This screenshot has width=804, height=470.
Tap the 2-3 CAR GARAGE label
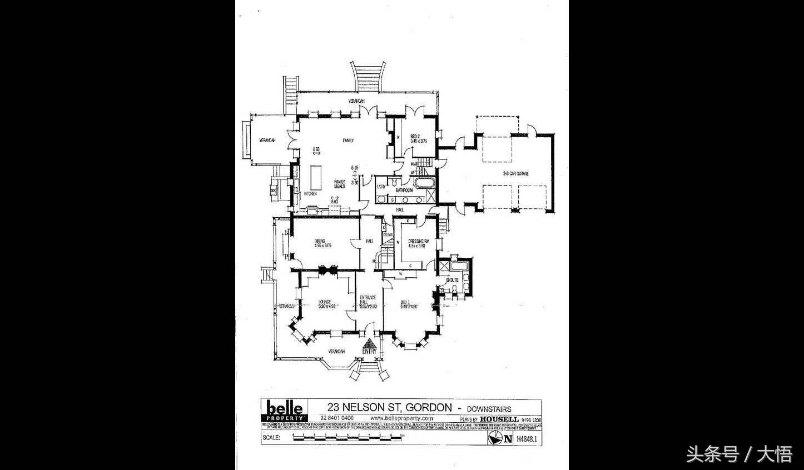click(x=515, y=174)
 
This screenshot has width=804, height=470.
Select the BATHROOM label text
click(x=404, y=191)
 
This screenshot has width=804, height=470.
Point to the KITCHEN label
click(x=310, y=194)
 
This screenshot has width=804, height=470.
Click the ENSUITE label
click(x=452, y=280)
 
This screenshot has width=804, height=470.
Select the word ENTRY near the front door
click(x=369, y=351)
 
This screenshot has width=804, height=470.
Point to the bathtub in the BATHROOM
click(x=421, y=182)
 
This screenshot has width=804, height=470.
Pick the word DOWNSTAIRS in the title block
click(x=488, y=408)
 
